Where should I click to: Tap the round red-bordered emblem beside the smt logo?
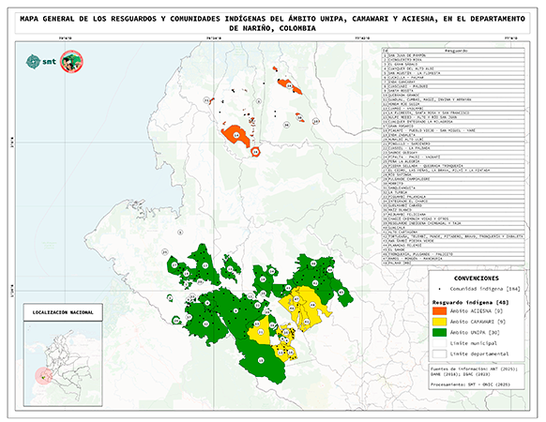(70, 62)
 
